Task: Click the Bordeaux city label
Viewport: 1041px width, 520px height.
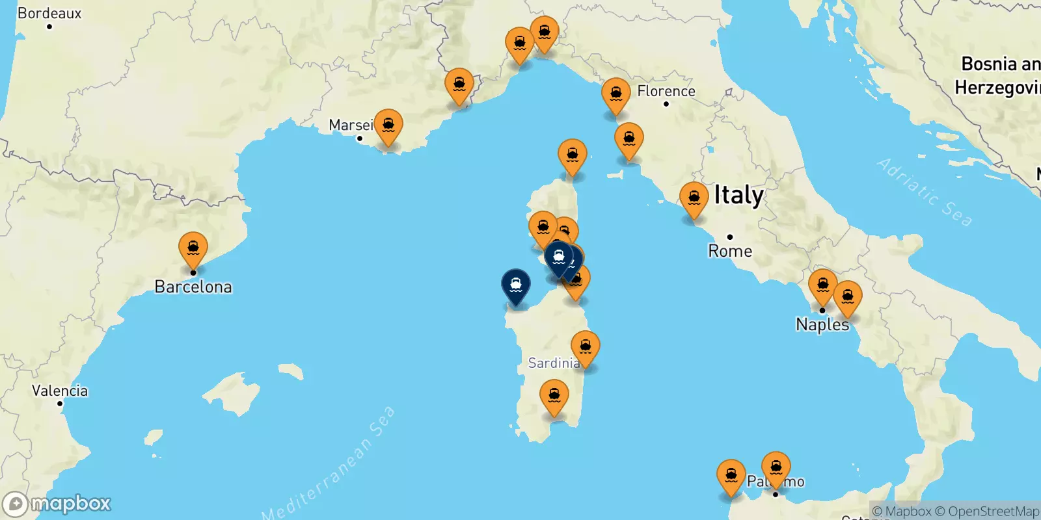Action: pos(49,13)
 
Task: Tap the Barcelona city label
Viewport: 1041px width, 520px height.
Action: pos(193,287)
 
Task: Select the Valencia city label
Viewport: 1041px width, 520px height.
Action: pos(60,391)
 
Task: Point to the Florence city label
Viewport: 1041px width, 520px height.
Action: pos(666,91)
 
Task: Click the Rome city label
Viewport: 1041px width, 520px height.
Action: pos(730,251)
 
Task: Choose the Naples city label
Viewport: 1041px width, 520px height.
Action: pos(822,324)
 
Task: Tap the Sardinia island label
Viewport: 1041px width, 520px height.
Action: pos(553,363)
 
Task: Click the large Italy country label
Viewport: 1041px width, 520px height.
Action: pos(738,195)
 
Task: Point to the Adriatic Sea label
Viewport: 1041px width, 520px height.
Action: pos(925,192)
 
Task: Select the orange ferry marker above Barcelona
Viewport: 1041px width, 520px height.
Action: pos(193,249)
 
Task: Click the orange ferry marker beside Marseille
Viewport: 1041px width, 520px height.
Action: pos(388,125)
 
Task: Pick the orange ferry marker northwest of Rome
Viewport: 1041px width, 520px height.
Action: pos(694,199)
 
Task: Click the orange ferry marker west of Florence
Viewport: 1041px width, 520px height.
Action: pos(615,95)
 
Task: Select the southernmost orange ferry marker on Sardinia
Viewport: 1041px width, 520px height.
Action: pos(554,396)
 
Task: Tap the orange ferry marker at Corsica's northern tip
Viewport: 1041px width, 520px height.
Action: pos(573,156)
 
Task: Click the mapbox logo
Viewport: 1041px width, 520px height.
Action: pos(57,504)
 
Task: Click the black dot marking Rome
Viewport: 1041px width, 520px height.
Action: pos(730,237)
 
